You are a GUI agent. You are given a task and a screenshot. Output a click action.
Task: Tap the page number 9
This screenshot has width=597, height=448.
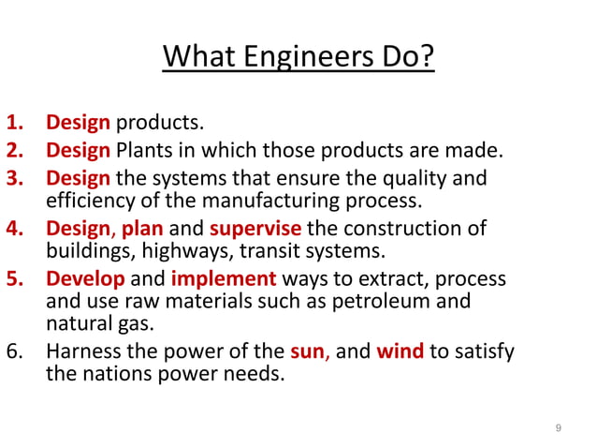coord(559,428)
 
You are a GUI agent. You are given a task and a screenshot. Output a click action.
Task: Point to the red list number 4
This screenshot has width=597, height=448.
coord(18,229)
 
